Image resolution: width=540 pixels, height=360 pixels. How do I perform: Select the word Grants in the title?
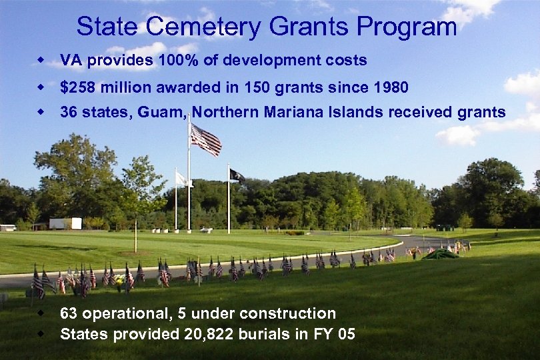(x=310, y=27)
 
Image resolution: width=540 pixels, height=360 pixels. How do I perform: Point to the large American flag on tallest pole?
(x=205, y=139)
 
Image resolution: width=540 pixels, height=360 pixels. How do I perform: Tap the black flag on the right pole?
(x=237, y=175)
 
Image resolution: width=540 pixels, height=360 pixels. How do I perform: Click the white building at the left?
(x=65, y=223)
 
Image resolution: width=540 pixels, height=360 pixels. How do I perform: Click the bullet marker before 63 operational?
(x=41, y=312)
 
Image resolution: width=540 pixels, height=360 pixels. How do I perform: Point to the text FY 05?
(x=337, y=335)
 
